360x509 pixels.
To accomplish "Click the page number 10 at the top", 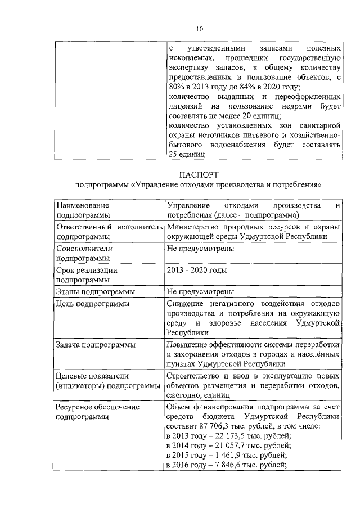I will [x=199, y=30].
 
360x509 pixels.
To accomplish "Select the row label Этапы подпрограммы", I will [x=96, y=292].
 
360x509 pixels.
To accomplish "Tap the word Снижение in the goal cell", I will [x=184, y=304].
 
